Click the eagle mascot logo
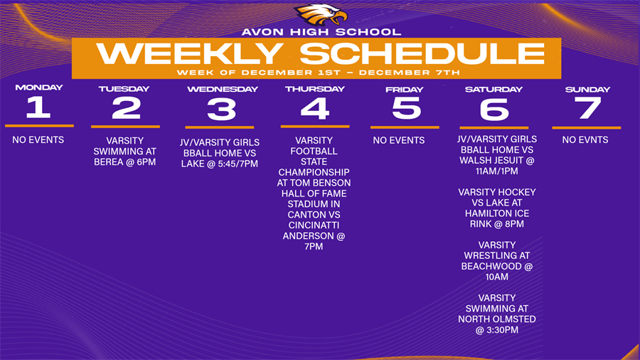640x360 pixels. tap(321, 15)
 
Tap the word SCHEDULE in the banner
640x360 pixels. tap(423, 53)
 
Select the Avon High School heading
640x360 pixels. tap(321, 32)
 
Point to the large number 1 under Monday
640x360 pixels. tap(38, 107)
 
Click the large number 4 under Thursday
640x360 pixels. tap(315, 109)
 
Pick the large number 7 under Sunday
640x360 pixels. tap(588, 108)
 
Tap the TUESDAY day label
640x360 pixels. tap(124, 89)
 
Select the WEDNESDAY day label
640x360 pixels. tap(223, 89)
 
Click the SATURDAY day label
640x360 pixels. tap(494, 90)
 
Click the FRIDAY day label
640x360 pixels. tap(405, 90)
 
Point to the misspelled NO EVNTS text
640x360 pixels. tap(585, 140)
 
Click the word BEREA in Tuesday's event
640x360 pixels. tap(108, 162)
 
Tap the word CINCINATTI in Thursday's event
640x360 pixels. tap(314, 226)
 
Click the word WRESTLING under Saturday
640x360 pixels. tap(497, 256)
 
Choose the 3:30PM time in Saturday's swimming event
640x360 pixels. tap(503, 330)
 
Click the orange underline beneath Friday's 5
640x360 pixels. tap(405, 127)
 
